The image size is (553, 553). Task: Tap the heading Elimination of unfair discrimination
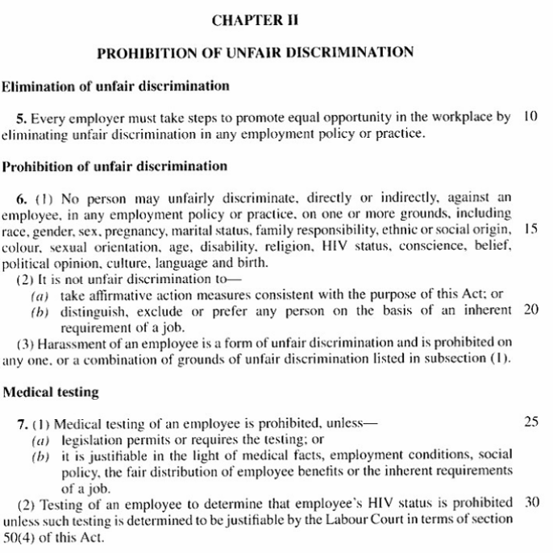tap(116, 85)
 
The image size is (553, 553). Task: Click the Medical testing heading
tap(51, 393)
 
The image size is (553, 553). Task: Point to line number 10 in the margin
tap(530, 116)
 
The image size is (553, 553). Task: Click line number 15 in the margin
tap(530, 228)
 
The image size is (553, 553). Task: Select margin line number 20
tap(530, 310)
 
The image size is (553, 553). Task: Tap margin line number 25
tap(530, 422)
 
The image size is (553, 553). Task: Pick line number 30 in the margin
tap(530, 502)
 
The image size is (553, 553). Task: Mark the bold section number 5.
tap(19, 117)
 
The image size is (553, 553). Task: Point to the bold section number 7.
tap(19, 423)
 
